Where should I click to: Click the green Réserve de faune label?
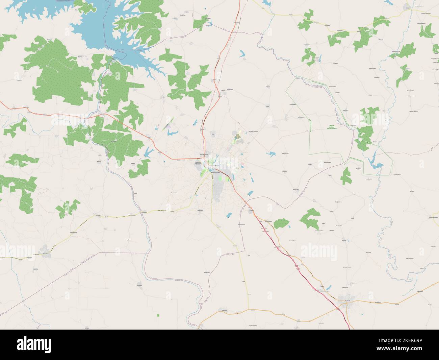[x=332, y=127]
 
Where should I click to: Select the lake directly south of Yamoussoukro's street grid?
[x=229, y=215]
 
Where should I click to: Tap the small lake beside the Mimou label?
[x=242, y=53]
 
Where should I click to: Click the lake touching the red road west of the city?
[x=148, y=151]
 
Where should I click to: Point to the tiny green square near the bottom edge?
[x=158, y=315]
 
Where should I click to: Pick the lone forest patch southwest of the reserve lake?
[x=345, y=176]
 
